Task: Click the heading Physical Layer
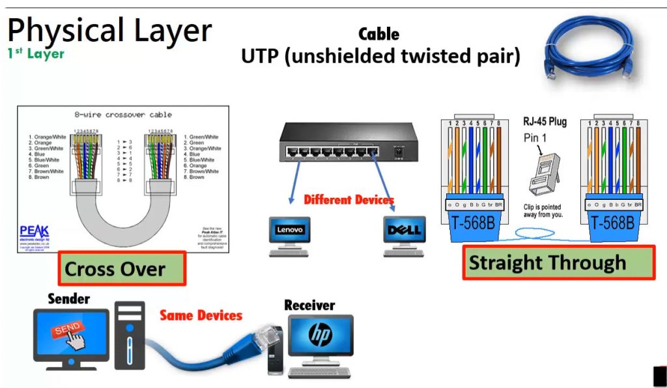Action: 109,31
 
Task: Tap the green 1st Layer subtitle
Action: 36,54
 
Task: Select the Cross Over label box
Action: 122,268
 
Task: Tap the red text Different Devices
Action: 348,200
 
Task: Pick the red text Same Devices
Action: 201,316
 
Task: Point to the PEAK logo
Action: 33,232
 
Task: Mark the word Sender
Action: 68,299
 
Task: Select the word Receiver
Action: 309,305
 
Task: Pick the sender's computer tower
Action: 130,335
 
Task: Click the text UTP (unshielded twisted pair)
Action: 380,56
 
